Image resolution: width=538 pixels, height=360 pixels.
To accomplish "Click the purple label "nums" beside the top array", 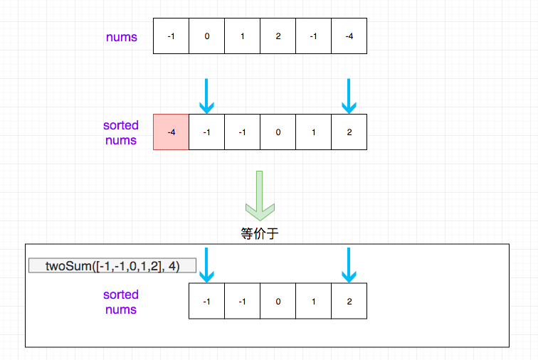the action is (x=122, y=37).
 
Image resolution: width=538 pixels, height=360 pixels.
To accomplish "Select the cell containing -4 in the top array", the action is (x=349, y=36).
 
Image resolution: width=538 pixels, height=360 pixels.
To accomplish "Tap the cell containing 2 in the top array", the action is (x=278, y=36).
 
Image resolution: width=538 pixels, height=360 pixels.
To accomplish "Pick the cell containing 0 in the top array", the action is (x=206, y=36).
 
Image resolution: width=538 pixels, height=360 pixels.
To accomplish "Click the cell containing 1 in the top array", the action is (x=242, y=36).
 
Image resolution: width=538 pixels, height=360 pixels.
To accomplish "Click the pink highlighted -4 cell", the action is (x=171, y=132).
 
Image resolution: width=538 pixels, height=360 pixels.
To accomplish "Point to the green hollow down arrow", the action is (x=260, y=196).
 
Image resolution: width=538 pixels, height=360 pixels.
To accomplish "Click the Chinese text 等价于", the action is (x=259, y=233).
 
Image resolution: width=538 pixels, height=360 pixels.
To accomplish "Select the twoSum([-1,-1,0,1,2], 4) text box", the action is (x=112, y=265).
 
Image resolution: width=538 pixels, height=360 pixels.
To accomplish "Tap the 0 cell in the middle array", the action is (x=278, y=132).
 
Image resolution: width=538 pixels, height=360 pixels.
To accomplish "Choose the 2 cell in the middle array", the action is (x=349, y=132).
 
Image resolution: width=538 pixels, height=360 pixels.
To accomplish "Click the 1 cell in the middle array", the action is (x=314, y=132).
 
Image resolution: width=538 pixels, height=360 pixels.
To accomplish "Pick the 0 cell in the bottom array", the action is (x=278, y=301).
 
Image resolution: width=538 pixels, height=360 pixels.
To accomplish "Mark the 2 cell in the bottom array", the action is (x=349, y=301).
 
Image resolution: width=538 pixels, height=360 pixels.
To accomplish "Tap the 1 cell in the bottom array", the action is (x=314, y=301).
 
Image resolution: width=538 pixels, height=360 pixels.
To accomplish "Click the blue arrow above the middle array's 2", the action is (x=349, y=96).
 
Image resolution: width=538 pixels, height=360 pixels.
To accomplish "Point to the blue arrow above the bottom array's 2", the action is (x=349, y=265).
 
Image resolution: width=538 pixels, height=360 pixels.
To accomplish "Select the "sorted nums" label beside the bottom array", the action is (x=121, y=302).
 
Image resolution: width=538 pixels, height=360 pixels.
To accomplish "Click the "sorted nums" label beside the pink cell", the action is (x=121, y=133).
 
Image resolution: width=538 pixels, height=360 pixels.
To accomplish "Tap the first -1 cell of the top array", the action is (x=171, y=36).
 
